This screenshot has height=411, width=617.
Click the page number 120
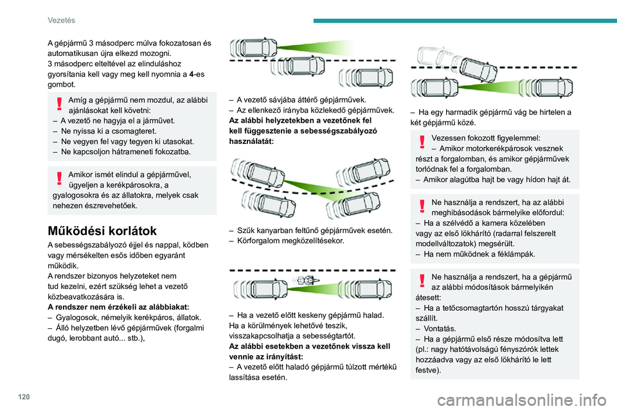coord(24,397)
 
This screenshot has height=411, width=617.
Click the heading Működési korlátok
coord(102,231)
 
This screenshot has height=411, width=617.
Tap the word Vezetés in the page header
coord(62,20)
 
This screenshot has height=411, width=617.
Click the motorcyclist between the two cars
coord(304,281)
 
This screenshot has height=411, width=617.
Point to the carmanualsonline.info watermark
coord(522,400)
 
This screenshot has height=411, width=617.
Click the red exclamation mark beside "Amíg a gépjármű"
coord(59,103)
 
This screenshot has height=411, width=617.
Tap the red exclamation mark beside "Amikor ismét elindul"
coord(59,178)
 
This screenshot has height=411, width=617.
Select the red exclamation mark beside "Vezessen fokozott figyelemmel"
coord(422,141)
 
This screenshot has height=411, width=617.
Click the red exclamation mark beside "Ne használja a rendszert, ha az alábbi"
coord(422,205)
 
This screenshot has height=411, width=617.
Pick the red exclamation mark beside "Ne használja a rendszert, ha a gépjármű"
coord(422,281)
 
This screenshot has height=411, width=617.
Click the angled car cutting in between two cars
coord(478,70)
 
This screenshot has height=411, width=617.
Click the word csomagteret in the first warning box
coord(135,132)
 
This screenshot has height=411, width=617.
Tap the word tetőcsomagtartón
coord(469,308)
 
